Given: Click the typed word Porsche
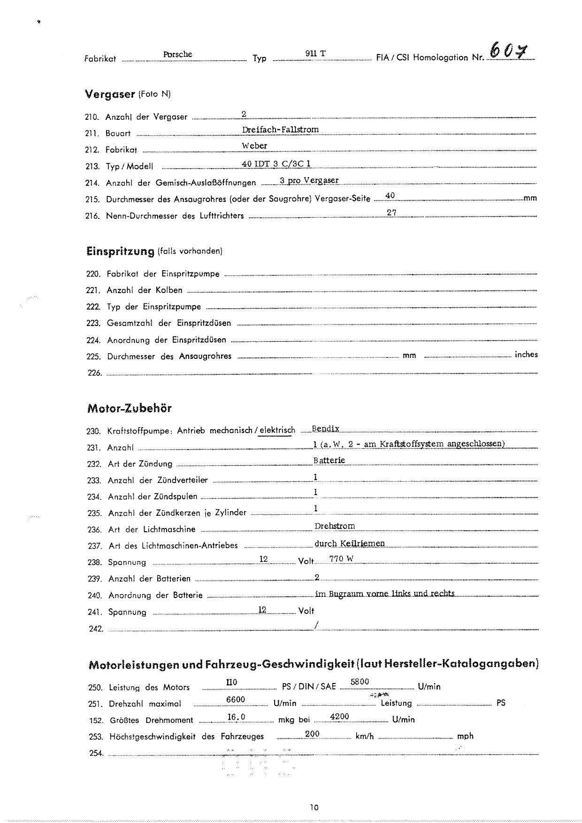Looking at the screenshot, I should [177, 54].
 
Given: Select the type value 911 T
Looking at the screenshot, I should [315, 54].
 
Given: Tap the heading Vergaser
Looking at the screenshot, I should [110, 94].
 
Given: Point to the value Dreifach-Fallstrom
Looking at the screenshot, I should [280, 130].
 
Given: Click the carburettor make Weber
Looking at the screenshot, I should [254, 146].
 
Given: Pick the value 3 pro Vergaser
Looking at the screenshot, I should [309, 180].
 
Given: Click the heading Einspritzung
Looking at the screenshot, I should [120, 251].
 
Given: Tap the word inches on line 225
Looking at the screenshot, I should [526, 355].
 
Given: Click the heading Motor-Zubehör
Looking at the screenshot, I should [130, 408].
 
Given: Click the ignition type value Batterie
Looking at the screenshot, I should [329, 460].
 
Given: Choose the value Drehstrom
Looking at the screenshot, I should [335, 526].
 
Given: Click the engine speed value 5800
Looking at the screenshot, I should [360, 682].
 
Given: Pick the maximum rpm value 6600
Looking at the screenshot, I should [236, 700].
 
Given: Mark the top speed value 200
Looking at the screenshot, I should [312, 734].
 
